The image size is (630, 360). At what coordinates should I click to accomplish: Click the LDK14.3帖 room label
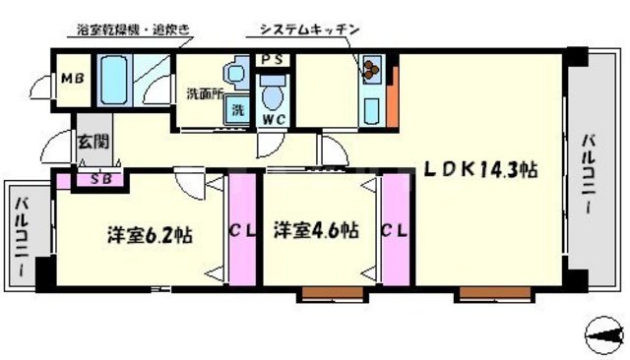[x=480, y=169]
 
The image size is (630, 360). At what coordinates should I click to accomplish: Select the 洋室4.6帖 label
[x=316, y=231]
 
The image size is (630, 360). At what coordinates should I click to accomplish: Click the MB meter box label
[x=73, y=79]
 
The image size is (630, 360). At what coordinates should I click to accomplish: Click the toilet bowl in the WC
[x=274, y=96]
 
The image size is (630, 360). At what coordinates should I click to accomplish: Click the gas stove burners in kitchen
[x=371, y=70]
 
